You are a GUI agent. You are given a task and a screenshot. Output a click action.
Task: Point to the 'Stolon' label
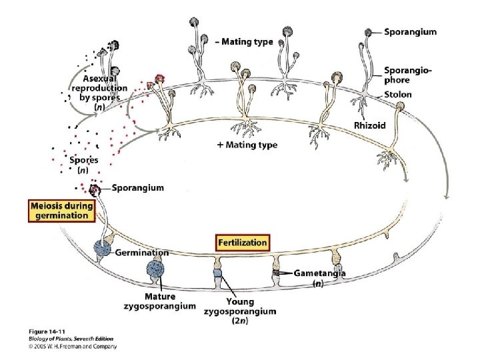pos(398,95)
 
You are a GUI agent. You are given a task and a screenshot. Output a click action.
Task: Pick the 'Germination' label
pos(141,253)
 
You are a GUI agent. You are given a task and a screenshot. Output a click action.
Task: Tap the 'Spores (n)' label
pos(84,165)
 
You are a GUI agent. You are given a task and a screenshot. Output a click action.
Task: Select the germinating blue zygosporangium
pos(103,248)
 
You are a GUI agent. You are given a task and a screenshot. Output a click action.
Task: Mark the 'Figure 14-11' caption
pos(49,331)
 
